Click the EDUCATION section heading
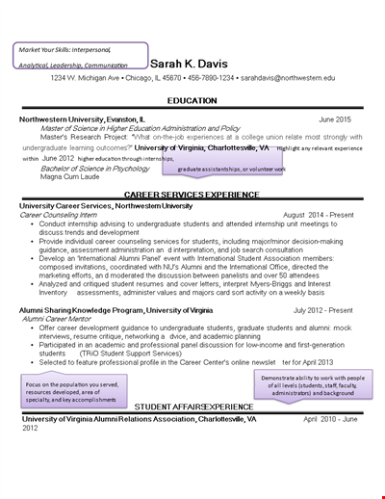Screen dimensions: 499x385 click(x=192, y=100)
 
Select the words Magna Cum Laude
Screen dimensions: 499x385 click(x=64, y=176)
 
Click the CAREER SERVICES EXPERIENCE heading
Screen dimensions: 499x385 click(x=192, y=195)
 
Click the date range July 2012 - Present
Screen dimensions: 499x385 click(x=313, y=311)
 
